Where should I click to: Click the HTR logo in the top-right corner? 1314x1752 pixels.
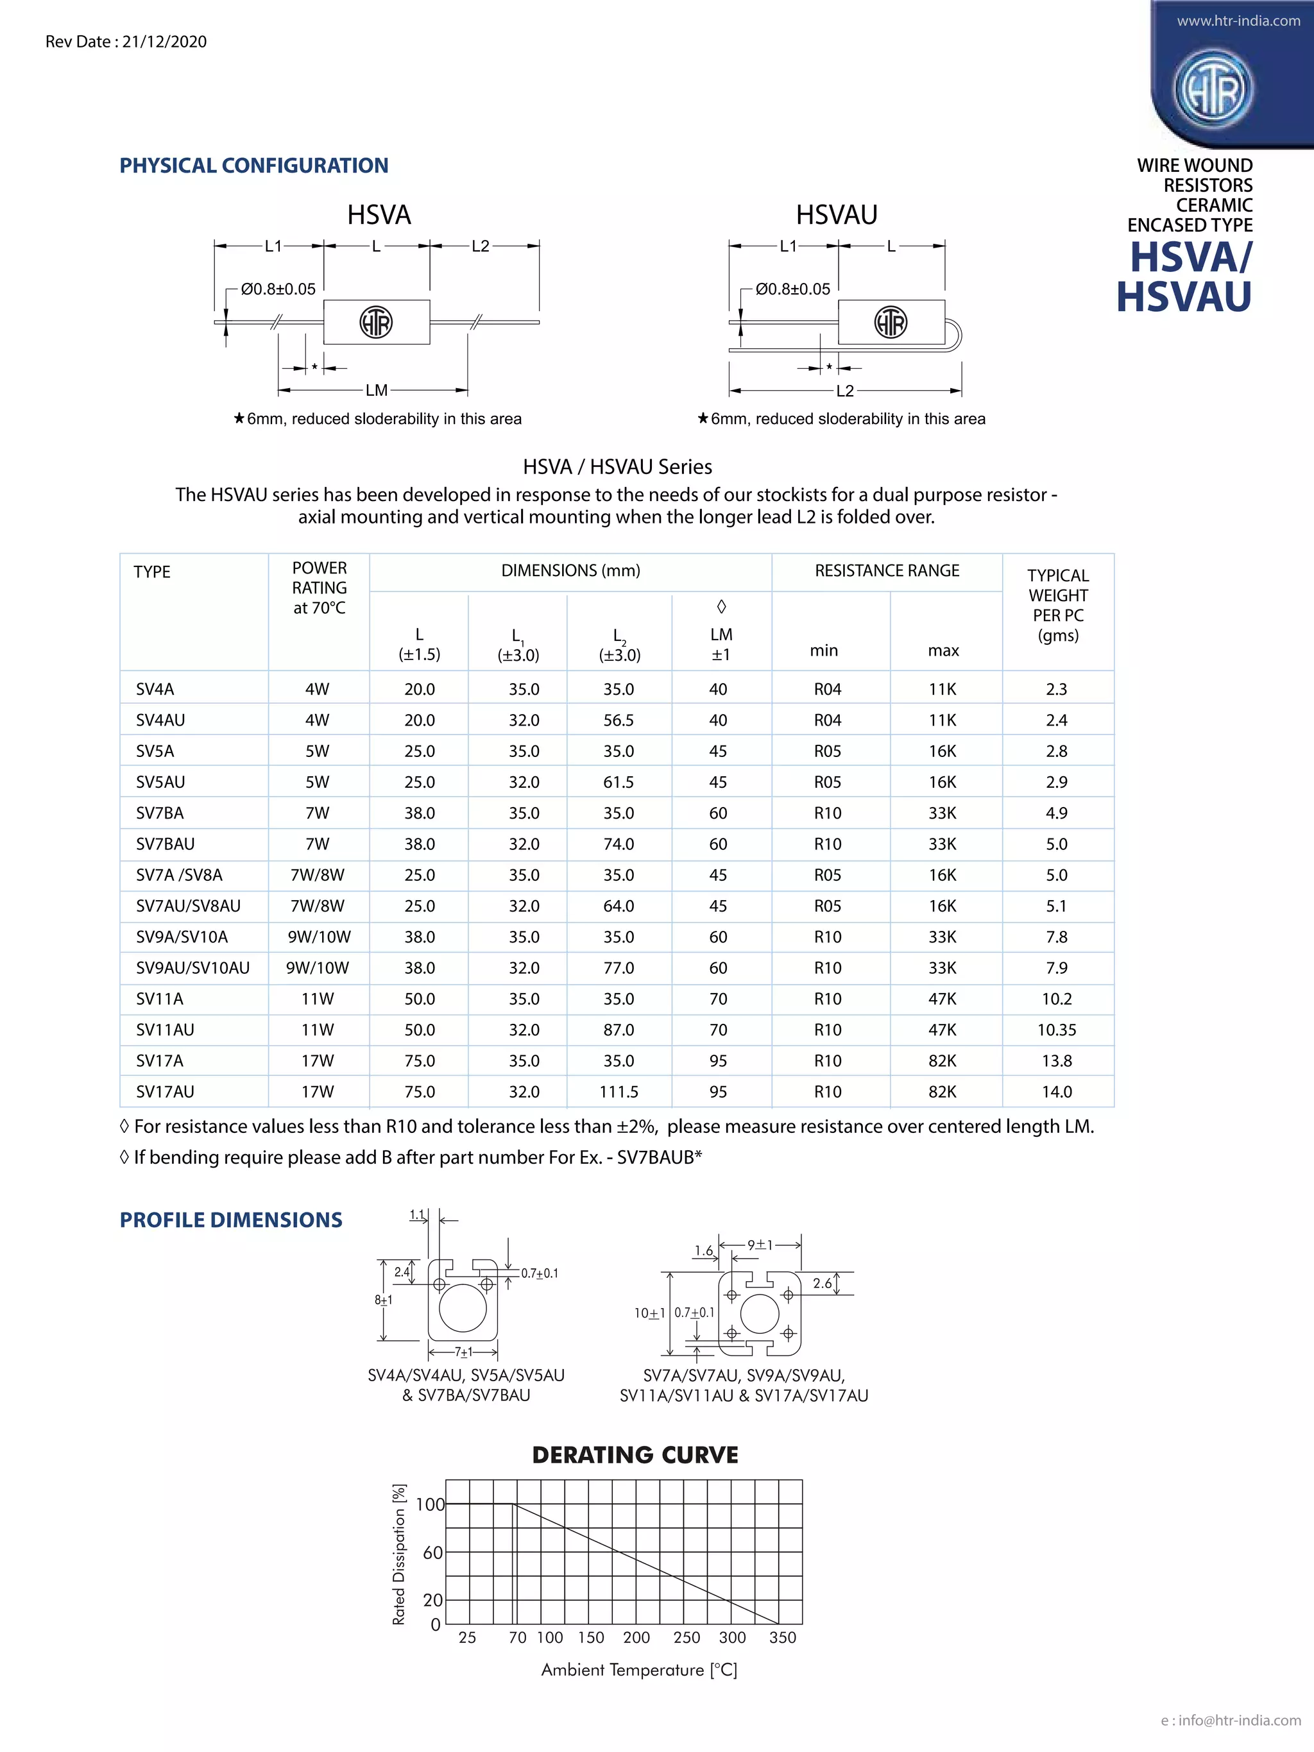1213,89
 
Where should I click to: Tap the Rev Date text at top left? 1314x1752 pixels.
126,42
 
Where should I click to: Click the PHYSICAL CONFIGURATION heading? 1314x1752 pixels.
253,166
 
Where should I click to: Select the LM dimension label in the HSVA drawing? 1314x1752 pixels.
376,391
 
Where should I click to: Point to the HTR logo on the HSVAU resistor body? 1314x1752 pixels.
891,322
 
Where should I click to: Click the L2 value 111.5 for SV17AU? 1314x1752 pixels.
619,1091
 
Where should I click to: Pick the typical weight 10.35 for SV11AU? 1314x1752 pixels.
1057,1030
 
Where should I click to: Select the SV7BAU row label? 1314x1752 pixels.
165,844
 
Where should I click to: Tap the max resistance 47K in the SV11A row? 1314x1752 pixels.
943,999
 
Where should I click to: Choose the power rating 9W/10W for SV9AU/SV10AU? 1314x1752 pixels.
318,968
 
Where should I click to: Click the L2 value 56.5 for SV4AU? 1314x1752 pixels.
619,720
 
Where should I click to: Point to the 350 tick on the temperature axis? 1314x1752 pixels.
783,1637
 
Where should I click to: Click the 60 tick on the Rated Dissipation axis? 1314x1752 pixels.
432,1552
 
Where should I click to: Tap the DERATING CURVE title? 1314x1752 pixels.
635,1455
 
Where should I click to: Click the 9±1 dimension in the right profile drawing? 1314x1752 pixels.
760,1245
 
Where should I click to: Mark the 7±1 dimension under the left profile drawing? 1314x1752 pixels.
463,1352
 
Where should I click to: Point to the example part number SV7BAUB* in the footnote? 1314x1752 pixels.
659,1157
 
